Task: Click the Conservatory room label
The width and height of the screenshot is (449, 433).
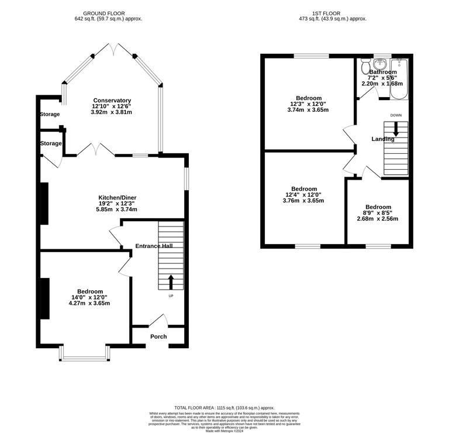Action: coord(111,100)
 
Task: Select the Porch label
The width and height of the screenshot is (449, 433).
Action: coord(158,336)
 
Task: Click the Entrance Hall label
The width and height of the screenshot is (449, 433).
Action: coord(154,246)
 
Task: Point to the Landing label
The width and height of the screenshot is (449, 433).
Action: coord(383,139)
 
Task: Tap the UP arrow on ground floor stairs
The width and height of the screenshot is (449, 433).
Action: coord(171,282)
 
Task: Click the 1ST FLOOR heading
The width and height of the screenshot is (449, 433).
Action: coord(331,13)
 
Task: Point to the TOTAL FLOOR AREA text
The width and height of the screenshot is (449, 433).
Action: coord(224,407)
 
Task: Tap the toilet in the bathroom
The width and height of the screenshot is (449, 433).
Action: coord(365,63)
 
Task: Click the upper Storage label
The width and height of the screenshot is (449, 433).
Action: coord(50,114)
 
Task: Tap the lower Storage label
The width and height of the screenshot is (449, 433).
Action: coord(50,143)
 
